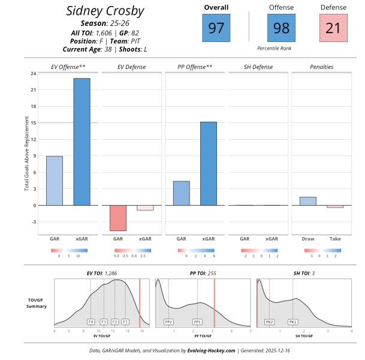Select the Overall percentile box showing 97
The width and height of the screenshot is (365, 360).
point(216,28)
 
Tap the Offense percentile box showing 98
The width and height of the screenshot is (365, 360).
point(281,28)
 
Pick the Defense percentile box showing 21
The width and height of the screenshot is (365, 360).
point(333,28)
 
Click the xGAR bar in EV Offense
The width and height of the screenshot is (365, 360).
point(82,142)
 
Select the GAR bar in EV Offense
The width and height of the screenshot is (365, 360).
point(55,181)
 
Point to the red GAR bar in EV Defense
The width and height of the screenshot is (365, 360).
point(118,218)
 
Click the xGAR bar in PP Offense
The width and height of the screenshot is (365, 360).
point(209,163)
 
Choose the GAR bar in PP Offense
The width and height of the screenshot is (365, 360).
point(182,193)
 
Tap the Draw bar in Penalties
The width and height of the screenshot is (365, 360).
point(308,201)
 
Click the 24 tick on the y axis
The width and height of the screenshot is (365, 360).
point(32,73)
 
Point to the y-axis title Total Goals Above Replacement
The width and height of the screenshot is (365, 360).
point(26,155)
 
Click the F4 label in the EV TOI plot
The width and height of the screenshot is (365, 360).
point(91,322)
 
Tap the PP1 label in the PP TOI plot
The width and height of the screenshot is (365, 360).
point(197,322)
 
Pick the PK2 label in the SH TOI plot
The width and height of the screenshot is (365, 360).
point(270,322)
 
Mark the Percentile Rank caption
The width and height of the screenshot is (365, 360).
point(274,47)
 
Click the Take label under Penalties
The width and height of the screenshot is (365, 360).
point(335,239)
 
